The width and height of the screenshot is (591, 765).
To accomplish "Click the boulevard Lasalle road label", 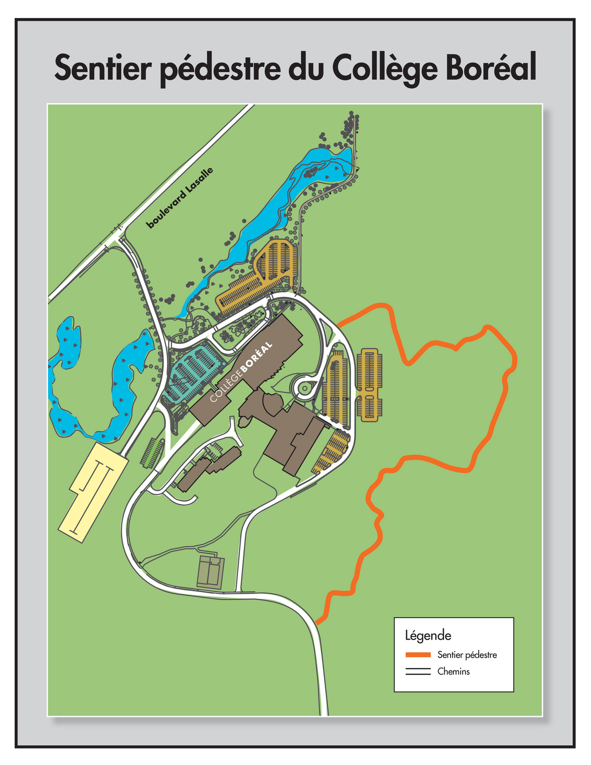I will (x=179, y=198).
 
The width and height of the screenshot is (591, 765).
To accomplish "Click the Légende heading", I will (x=428, y=635).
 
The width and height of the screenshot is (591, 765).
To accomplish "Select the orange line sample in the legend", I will (x=418, y=655).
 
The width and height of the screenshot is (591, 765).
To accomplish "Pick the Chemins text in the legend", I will (x=453, y=672).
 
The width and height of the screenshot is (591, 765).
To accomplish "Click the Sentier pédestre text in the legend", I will (x=467, y=655).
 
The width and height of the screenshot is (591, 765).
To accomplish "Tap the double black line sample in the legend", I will (x=418, y=672).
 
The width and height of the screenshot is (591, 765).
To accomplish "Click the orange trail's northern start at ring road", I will (x=339, y=324).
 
